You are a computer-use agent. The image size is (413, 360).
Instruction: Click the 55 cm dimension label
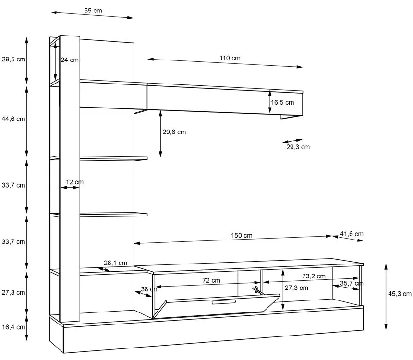click(x=93, y=11)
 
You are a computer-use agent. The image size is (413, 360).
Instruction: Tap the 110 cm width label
click(x=230, y=58)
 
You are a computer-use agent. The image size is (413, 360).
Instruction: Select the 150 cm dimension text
click(x=242, y=235)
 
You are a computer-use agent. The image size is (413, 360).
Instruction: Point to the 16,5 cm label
click(x=282, y=102)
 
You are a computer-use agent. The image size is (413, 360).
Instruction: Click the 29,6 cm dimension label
click(x=174, y=132)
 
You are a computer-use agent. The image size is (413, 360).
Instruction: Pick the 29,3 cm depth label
click(x=298, y=147)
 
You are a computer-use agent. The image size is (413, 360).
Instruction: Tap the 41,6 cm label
click(x=352, y=234)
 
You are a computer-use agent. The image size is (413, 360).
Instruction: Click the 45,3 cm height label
click(x=400, y=294)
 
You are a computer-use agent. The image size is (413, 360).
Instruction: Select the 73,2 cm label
click(x=314, y=276)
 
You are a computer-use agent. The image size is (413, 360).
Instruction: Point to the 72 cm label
click(x=211, y=280)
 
